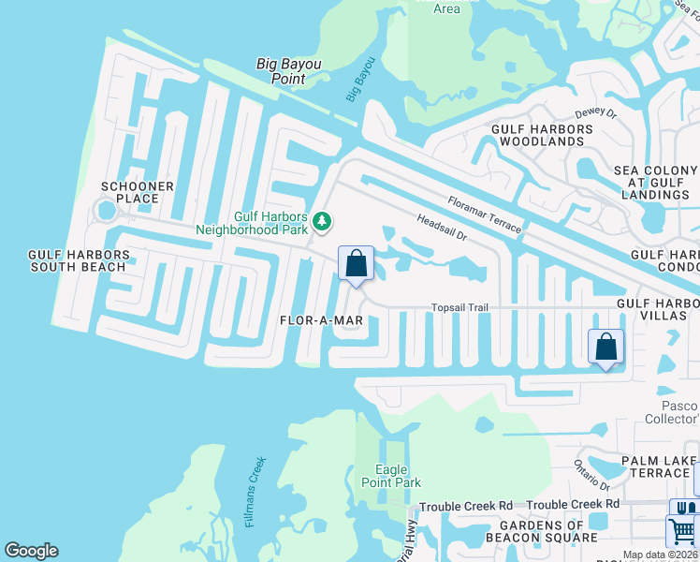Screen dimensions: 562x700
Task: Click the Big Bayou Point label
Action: pyautogui.click(x=289, y=71)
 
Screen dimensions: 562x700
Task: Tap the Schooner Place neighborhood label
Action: pyautogui.click(x=138, y=194)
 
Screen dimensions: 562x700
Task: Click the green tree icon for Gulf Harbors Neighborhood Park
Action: pyautogui.click(x=323, y=221)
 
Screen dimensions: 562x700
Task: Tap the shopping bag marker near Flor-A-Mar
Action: pyautogui.click(x=356, y=263)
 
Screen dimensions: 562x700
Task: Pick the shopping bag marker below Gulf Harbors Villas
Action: pyautogui.click(x=605, y=347)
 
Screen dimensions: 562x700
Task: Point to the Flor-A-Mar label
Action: pyautogui.click(x=321, y=319)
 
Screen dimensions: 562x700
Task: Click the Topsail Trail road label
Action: pyautogui.click(x=460, y=307)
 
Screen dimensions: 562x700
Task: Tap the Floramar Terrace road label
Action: pyautogui.click(x=484, y=214)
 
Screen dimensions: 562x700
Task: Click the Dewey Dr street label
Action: pyautogui.click(x=596, y=113)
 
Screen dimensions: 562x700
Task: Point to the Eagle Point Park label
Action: pyautogui.click(x=391, y=476)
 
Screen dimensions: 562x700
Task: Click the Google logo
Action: pyautogui.click(x=31, y=551)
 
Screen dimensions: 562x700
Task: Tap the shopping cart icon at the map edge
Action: pyautogui.click(x=682, y=531)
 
